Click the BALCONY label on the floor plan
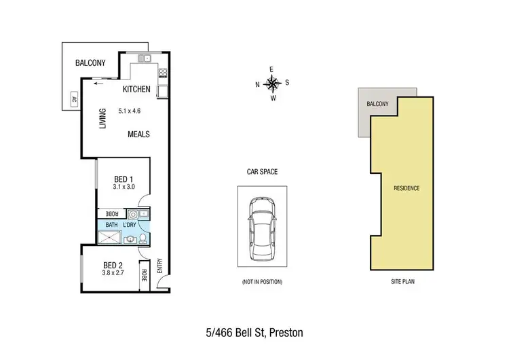[90, 64]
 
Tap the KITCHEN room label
[136, 90]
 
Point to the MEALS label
[138, 134]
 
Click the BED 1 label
[124, 179]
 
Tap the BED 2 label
[112, 265]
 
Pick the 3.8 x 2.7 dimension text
[112, 274]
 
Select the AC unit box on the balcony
[73, 101]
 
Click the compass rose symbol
[272, 84]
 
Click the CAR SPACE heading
[263, 173]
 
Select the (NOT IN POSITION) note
[262, 281]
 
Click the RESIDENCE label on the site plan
[407, 188]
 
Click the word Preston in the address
[286, 333]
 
